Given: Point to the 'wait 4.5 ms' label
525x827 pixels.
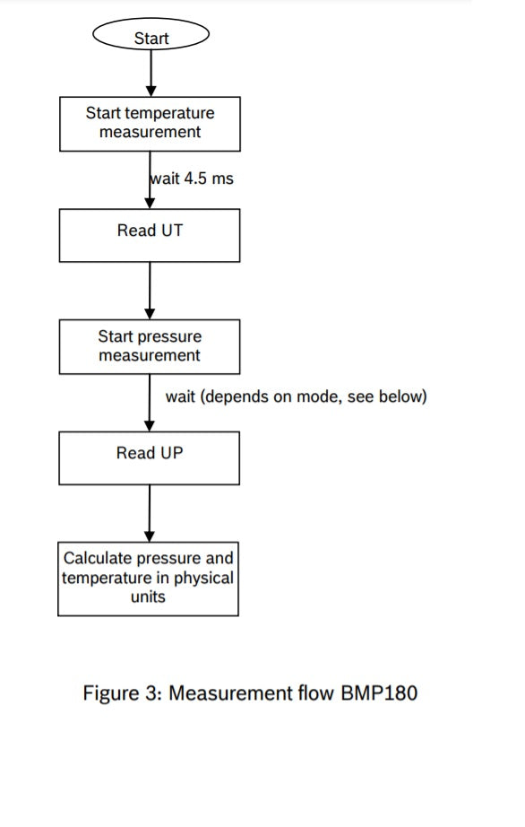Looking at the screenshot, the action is tap(192, 178).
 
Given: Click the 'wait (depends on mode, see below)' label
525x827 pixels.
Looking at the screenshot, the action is tap(296, 396).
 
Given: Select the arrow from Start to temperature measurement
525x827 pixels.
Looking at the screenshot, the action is tap(151, 74).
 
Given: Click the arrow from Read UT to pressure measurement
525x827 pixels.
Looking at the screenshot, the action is tap(150, 291).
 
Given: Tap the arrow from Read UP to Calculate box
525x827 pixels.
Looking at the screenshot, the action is tap(150, 514).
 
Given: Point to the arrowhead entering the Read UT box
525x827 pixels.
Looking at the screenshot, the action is tap(151, 204).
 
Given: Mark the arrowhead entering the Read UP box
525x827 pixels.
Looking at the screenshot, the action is tap(150, 426).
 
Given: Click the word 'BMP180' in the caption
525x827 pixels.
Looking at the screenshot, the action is tap(379, 692).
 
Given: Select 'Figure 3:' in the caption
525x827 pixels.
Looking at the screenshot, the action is tap(122, 693).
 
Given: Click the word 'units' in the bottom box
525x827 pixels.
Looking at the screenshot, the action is tap(148, 596).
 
